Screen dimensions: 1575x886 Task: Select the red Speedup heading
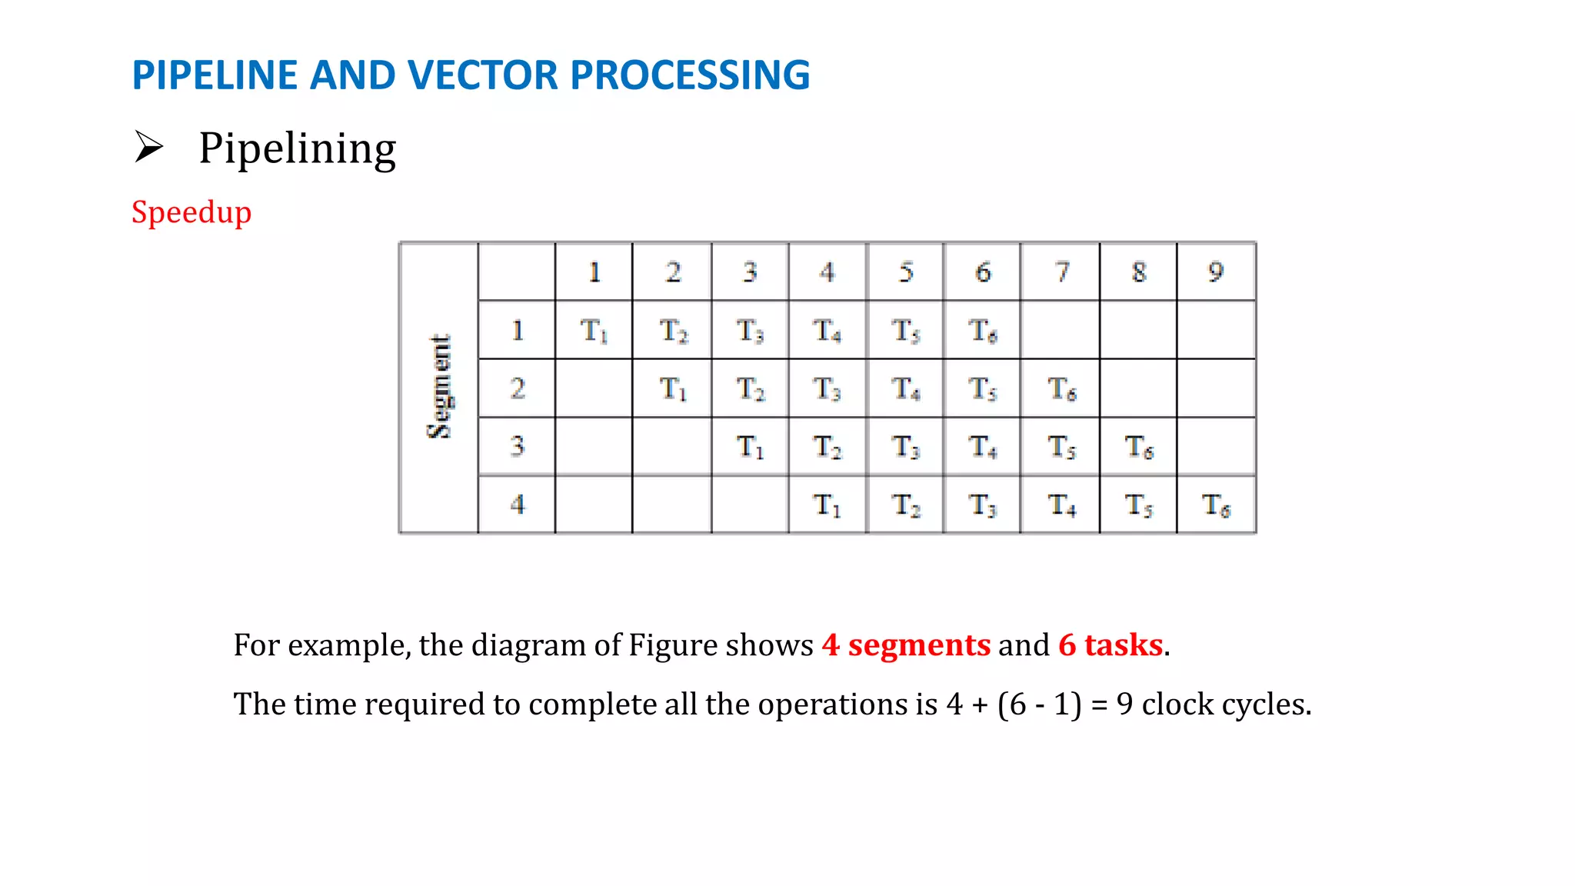coord(191,212)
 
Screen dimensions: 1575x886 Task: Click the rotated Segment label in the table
coord(439,387)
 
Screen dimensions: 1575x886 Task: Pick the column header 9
coord(1215,271)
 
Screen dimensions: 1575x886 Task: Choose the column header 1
coord(594,271)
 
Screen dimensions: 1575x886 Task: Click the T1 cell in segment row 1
coord(594,331)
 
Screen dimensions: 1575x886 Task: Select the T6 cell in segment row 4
coord(1216,505)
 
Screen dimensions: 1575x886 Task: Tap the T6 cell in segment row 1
coord(982,331)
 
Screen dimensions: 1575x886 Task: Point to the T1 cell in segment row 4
coord(827,505)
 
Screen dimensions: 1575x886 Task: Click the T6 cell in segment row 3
coord(1139,447)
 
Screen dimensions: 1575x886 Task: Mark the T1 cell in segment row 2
coord(672,389)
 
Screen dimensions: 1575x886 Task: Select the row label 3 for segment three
coord(517,447)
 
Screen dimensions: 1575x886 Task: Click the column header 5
coord(906,271)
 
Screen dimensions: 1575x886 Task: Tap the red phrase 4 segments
coord(906,645)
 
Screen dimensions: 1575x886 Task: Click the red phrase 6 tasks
coord(1110,645)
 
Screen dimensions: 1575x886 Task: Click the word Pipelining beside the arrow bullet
coord(297,148)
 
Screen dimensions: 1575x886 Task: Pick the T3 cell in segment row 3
coord(906,447)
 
